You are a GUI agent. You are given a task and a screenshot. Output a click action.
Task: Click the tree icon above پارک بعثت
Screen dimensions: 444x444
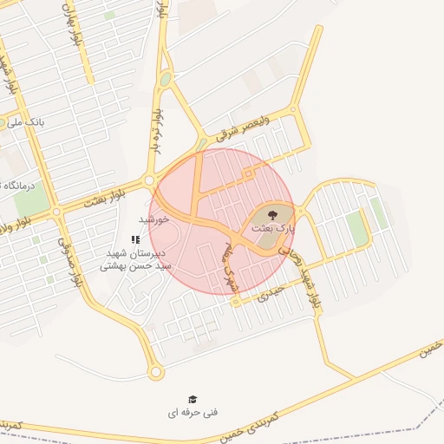click(x=272, y=214)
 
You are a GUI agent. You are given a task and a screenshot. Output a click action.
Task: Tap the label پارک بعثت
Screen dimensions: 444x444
click(x=273, y=227)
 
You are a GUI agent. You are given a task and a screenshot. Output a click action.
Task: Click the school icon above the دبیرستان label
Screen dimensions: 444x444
click(x=134, y=238)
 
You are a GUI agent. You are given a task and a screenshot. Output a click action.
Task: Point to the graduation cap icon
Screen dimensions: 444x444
click(x=193, y=399)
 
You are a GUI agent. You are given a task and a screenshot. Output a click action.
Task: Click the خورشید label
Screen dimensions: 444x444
click(x=152, y=219)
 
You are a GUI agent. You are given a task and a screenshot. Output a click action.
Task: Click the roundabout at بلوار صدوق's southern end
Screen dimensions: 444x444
click(x=156, y=372)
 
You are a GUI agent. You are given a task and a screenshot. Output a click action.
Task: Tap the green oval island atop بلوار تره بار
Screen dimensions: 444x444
click(x=165, y=81)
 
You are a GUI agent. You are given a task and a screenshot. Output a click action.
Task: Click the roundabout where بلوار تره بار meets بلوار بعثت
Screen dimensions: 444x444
click(x=150, y=180)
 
